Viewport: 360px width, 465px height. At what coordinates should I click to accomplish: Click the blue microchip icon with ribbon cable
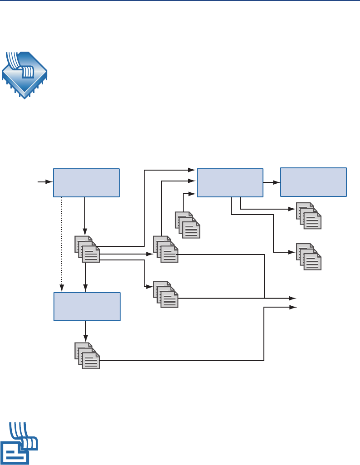point(24,74)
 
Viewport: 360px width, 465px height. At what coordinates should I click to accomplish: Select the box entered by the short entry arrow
point(86,182)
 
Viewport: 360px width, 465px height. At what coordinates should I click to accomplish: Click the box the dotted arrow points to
point(87,307)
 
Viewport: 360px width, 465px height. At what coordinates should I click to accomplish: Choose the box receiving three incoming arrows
point(230,182)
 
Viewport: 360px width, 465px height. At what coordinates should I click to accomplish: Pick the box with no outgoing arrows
point(314,182)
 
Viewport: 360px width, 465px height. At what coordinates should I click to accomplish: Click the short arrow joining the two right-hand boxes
point(272,182)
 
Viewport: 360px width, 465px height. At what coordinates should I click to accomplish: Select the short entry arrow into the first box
point(45,182)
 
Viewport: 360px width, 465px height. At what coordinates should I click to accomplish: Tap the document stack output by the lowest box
point(87,356)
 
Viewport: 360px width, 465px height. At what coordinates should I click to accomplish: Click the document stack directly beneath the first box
point(87,249)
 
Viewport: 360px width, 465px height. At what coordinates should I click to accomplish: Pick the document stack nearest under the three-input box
point(188,225)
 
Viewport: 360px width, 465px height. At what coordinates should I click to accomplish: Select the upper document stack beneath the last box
point(309,216)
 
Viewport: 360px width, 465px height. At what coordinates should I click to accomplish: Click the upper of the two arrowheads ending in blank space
point(292,298)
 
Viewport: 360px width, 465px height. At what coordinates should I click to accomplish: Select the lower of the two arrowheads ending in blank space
point(292,307)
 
